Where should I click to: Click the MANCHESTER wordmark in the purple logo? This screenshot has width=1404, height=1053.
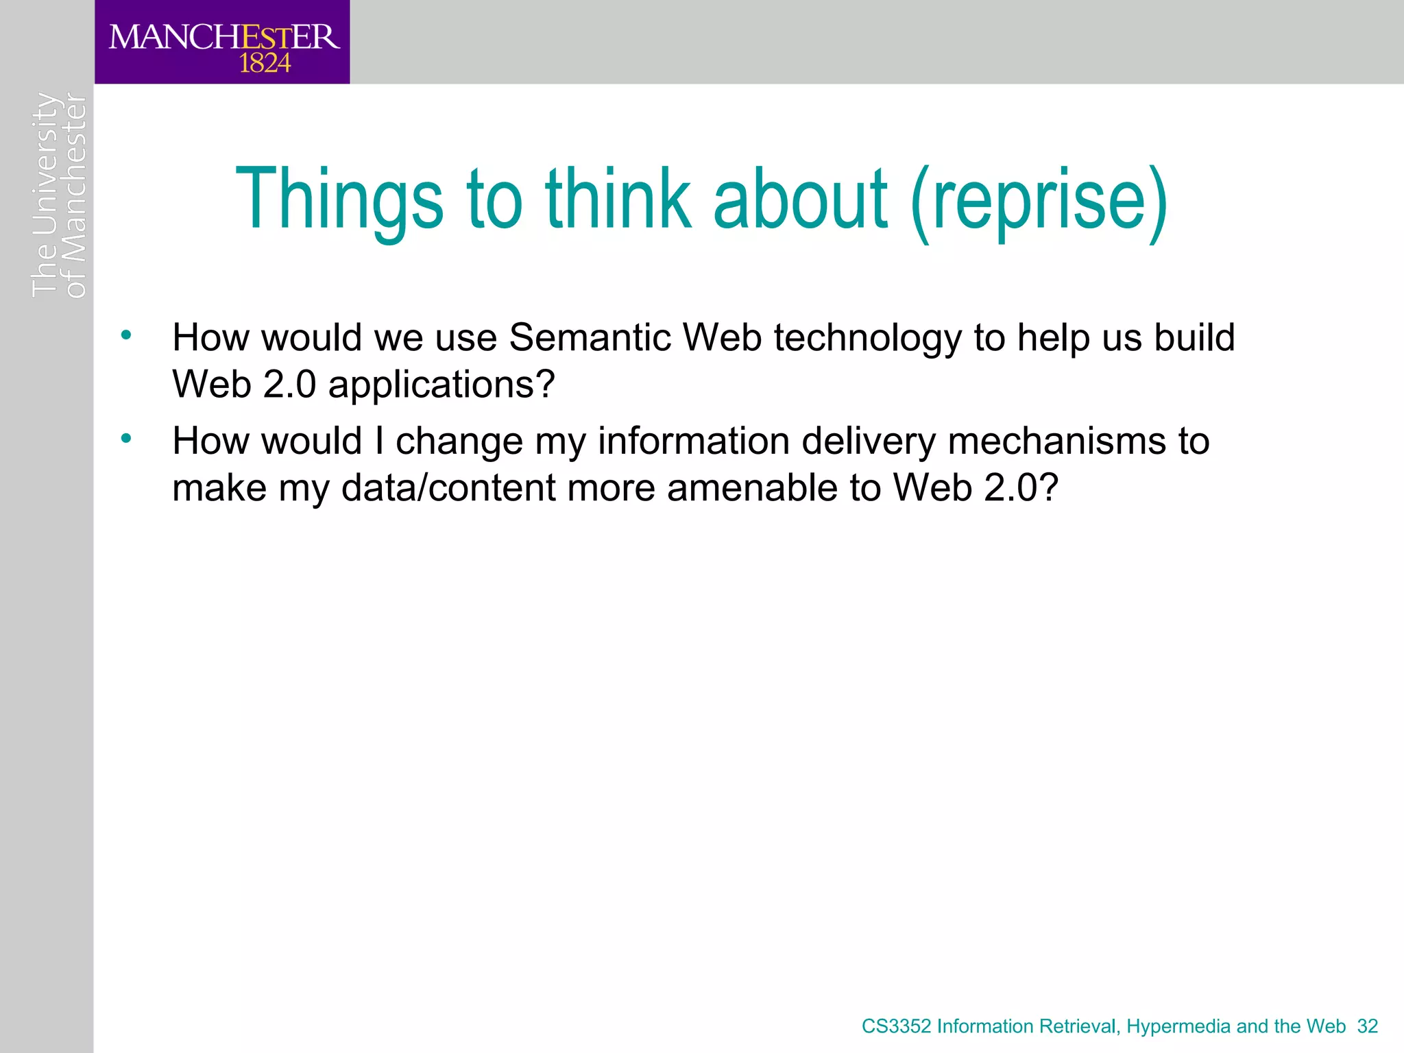pyautogui.click(x=223, y=36)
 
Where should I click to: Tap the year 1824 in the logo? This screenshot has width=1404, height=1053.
pyautogui.click(x=265, y=64)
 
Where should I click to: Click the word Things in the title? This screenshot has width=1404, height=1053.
pyautogui.click(x=339, y=200)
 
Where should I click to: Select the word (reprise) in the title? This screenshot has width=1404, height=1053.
pyautogui.click(x=1039, y=200)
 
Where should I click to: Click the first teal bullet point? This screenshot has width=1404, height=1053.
pyautogui.click(x=125, y=335)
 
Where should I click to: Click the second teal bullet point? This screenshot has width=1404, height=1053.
pyautogui.click(x=125, y=438)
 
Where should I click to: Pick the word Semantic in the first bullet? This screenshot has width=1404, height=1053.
pyautogui.click(x=590, y=337)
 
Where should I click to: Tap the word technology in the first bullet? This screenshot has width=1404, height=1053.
pyautogui.click(x=867, y=339)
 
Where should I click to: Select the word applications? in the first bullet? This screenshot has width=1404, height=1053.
pyautogui.click(x=441, y=385)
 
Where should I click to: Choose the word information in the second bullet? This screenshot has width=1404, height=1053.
pyautogui.click(x=693, y=441)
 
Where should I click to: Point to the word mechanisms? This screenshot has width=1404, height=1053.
pyautogui.click(x=1056, y=441)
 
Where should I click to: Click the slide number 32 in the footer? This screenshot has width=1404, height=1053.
pyautogui.click(x=1367, y=1026)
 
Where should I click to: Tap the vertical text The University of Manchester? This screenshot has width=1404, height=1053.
pyautogui.click(x=59, y=195)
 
